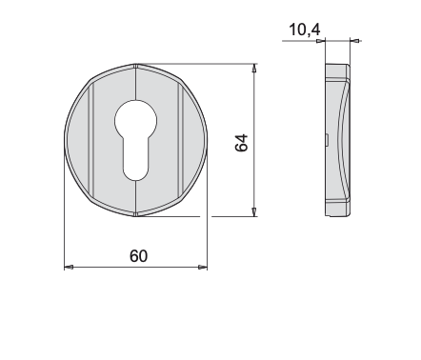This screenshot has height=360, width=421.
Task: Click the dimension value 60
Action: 139,256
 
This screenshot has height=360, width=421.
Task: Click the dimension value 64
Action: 242,143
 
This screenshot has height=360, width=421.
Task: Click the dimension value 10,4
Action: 305,30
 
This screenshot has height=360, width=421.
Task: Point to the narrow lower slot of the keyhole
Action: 136,160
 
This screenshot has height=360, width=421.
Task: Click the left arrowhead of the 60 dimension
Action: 69,267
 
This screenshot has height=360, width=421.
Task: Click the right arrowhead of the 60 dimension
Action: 203,267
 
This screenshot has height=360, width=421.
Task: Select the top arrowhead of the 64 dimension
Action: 254,69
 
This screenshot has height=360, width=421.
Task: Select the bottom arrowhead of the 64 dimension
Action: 254,212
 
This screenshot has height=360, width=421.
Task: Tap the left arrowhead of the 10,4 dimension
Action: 321,41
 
